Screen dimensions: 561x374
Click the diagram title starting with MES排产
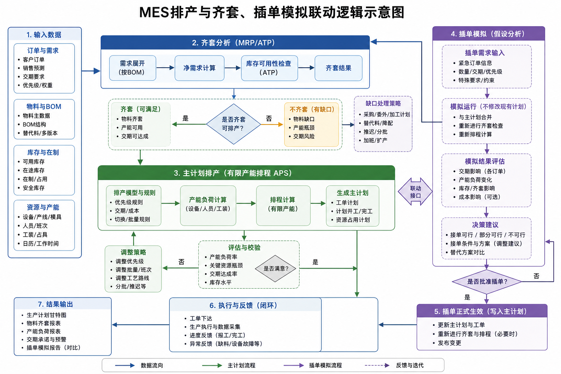point(272,12)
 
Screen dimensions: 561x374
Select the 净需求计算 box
point(199,68)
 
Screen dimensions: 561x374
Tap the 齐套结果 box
point(338,68)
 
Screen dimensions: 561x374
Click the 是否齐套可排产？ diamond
point(233,124)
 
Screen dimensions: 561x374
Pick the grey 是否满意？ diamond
point(275,268)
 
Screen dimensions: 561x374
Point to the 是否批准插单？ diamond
point(486,282)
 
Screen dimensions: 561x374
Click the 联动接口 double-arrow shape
point(415,192)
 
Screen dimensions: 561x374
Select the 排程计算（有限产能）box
point(283,205)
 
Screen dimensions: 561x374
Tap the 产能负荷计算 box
point(208,205)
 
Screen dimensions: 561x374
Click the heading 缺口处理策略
point(383,103)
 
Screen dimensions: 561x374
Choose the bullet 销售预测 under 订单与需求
point(34,68)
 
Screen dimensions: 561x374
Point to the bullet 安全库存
point(34,188)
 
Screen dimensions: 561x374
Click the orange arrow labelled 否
point(272,124)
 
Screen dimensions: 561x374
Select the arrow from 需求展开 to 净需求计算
point(165,68)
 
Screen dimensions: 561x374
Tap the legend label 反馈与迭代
point(410,366)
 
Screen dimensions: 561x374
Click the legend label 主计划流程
point(241,366)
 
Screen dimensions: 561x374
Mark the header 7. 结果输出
point(56,304)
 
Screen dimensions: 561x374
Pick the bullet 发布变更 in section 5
point(449,343)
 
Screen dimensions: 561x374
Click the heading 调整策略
point(133,252)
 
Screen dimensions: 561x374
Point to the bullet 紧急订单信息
point(475,63)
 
